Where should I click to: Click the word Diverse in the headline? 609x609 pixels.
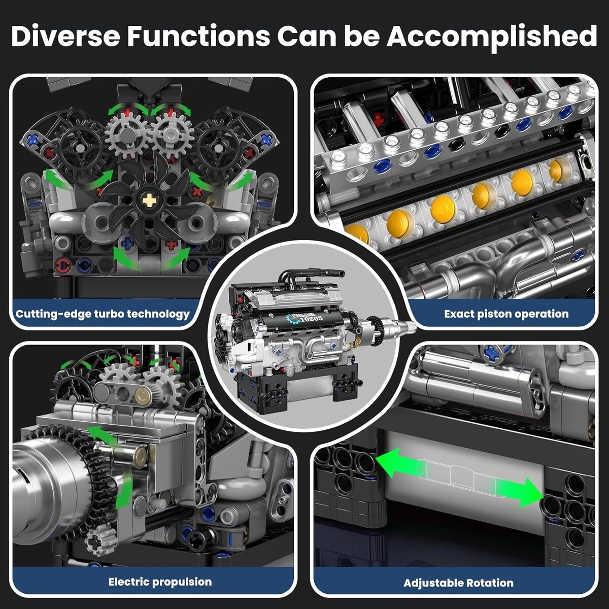[x=66, y=36]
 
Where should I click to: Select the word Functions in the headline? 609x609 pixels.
[x=198, y=36]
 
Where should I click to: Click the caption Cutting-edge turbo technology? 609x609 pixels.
[x=103, y=314]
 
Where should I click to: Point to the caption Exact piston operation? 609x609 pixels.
[x=506, y=314]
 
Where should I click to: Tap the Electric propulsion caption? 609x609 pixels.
[x=160, y=582]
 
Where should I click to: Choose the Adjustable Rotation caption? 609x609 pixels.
[x=458, y=583]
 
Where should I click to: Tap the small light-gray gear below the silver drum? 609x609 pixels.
[x=101, y=543]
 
